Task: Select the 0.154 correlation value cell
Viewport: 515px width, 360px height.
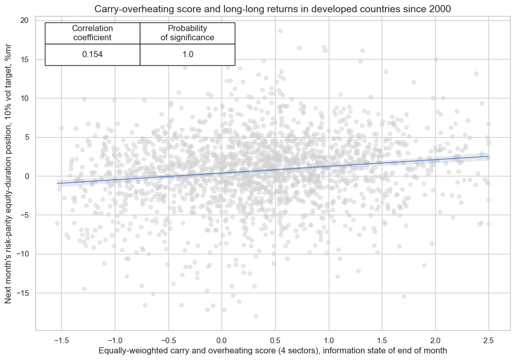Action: pyautogui.click(x=92, y=55)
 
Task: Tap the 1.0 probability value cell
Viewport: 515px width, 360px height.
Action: pyautogui.click(x=187, y=55)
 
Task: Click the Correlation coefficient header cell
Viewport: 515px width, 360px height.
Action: pyautogui.click(x=92, y=33)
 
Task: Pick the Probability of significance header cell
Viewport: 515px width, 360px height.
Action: pyautogui.click(x=187, y=33)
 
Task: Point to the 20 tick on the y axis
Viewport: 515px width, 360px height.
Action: pyautogui.click(x=24, y=20)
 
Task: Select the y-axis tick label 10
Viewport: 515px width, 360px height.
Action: pyautogui.click(x=24, y=98)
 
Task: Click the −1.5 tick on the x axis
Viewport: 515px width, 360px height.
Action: pyautogui.click(x=61, y=340)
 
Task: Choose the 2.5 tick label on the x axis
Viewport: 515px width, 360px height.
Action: pyautogui.click(x=488, y=340)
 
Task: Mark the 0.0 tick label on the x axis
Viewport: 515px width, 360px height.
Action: pyautogui.click(x=222, y=340)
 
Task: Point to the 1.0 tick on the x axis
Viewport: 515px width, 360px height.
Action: pyautogui.click(x=328, y=340)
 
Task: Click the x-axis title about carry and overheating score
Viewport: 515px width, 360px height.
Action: pyautogui.click(x=273, y=351)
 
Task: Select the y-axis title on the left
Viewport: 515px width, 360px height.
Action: pyautogui.click(x=9, y=176)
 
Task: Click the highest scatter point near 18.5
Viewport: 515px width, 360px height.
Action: pyautogui.click(x=280, y=31)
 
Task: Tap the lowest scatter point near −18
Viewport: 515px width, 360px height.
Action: pyautogui.click(x=256, y=316)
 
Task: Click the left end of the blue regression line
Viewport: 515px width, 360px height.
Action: pyautogui.click(x=58, y=183)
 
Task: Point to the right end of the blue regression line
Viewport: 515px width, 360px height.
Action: pyautogui.click(x=488, y=157)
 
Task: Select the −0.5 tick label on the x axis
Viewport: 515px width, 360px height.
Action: pyautogui.click(x=168, y=340)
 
